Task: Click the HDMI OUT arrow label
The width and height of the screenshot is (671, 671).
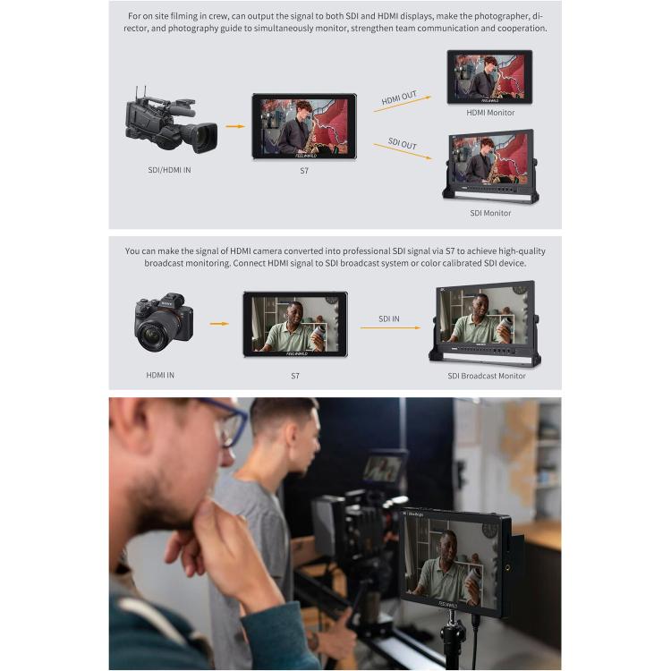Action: click(400, 98)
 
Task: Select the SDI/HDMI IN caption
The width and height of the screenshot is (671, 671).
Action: click(169, 169)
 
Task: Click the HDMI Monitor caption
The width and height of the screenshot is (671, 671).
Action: click(490, 113)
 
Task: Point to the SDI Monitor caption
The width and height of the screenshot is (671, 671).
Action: click(490, 213)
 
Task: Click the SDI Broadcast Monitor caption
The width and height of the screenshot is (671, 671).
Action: click(487, 376)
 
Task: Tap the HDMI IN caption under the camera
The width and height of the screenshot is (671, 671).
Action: click(160, 375)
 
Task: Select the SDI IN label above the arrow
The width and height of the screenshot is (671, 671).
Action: click(389, 319)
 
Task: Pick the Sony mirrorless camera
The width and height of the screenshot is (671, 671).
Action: click(163, 324)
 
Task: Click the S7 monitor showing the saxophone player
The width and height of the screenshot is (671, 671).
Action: click(303, 126)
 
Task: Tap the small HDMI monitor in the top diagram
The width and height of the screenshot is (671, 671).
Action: click(489, 77)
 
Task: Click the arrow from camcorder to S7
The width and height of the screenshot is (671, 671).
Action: click(234, 126)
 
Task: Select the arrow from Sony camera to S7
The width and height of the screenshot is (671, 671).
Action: click(219, 324)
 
